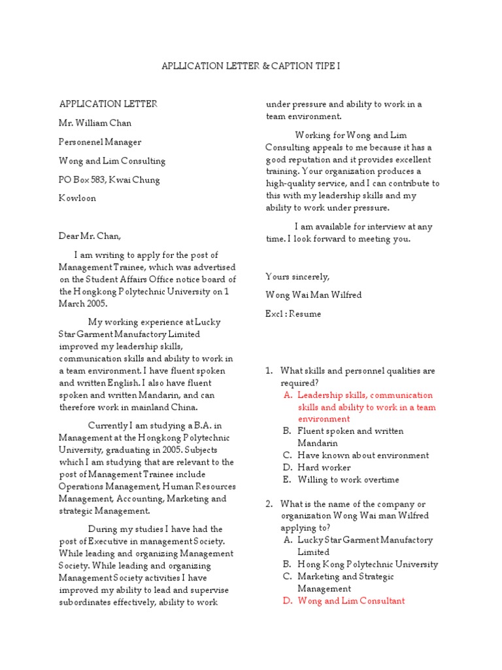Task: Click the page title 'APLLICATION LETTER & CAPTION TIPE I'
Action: tap(251, 67)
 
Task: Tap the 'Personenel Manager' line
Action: tap(100, 142)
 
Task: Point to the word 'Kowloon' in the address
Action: tap(78, 198)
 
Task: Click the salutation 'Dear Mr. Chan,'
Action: tap(90, 236)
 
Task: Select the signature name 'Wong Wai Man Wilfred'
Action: tap(313, 295)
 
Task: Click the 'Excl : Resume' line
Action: tap(293, 314)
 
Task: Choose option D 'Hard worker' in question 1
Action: tap(324, 467)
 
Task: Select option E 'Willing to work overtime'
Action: tap(348, 480)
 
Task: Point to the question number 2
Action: tap(269, 504)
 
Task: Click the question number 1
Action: tap(269, 371)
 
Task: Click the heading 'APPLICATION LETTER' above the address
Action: tap(108, 104)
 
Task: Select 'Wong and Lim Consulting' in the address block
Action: tap(112, 161)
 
